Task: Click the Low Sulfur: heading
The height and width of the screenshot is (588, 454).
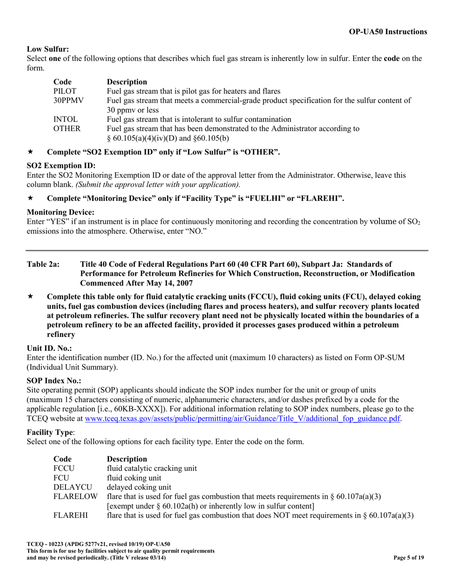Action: (48, 49)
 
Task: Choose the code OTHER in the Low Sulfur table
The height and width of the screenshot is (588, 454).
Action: (66, 128)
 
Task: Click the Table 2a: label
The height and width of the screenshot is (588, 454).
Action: (43, 264)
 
